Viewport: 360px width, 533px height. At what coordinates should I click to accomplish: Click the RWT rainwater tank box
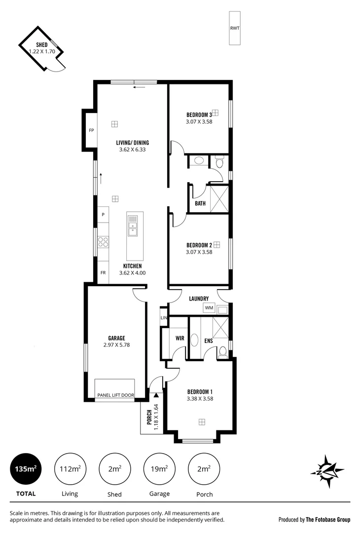tap(234, 28)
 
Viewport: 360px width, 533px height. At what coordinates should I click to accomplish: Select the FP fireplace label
tap(91, 131)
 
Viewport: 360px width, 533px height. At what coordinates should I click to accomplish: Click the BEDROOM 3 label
tap(199, 115)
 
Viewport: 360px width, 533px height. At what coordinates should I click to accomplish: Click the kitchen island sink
tap(133, 225)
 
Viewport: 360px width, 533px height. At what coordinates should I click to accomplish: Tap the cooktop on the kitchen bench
tap(103, 241)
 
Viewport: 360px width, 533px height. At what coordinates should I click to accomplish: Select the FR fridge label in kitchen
tap(103, 272)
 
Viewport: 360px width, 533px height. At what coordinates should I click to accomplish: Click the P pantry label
tap(103, 215)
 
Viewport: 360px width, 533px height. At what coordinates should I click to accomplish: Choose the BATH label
tap(200, 203)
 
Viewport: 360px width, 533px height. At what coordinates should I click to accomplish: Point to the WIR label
tap(180, 339)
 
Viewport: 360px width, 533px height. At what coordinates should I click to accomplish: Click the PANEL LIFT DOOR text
tap(115, 395)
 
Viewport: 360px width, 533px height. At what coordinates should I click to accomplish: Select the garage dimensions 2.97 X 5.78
tap(117, 345)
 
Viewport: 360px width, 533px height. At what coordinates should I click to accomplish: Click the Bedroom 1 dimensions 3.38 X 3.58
tap(200, 398)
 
